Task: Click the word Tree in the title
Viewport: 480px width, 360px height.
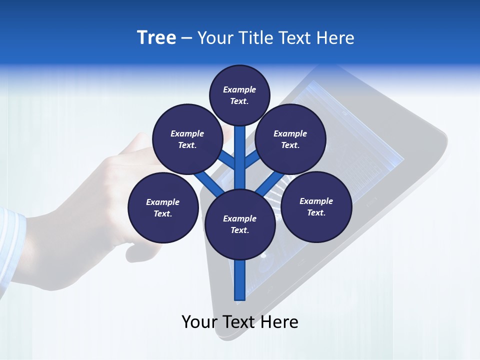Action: [x=156, y=38]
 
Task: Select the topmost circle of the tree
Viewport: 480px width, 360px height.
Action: [x=239, y=95]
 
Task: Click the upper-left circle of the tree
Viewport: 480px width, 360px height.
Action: [x=187, y=139]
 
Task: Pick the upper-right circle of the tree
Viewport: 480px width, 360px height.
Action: [x=290, y=139]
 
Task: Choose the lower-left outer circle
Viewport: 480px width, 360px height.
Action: [x=163, y=207]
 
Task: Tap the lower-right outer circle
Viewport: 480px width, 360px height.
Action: [x=316, y=206]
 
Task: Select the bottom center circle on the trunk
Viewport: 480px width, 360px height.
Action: [x=240, y=224]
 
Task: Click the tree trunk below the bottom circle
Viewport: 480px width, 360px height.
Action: [x=240, y=280]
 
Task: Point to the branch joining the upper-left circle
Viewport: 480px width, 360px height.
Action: [x=227, y=160]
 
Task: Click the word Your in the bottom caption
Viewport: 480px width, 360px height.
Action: [x=199, y=322]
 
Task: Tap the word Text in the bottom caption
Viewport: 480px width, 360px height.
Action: [x=240, y=322]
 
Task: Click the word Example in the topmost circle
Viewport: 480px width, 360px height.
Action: [x=239, y=89]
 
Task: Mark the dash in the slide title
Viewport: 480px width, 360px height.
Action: [x=186, y=38]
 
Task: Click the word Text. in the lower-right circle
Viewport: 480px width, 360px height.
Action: [x=316, y=212]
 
